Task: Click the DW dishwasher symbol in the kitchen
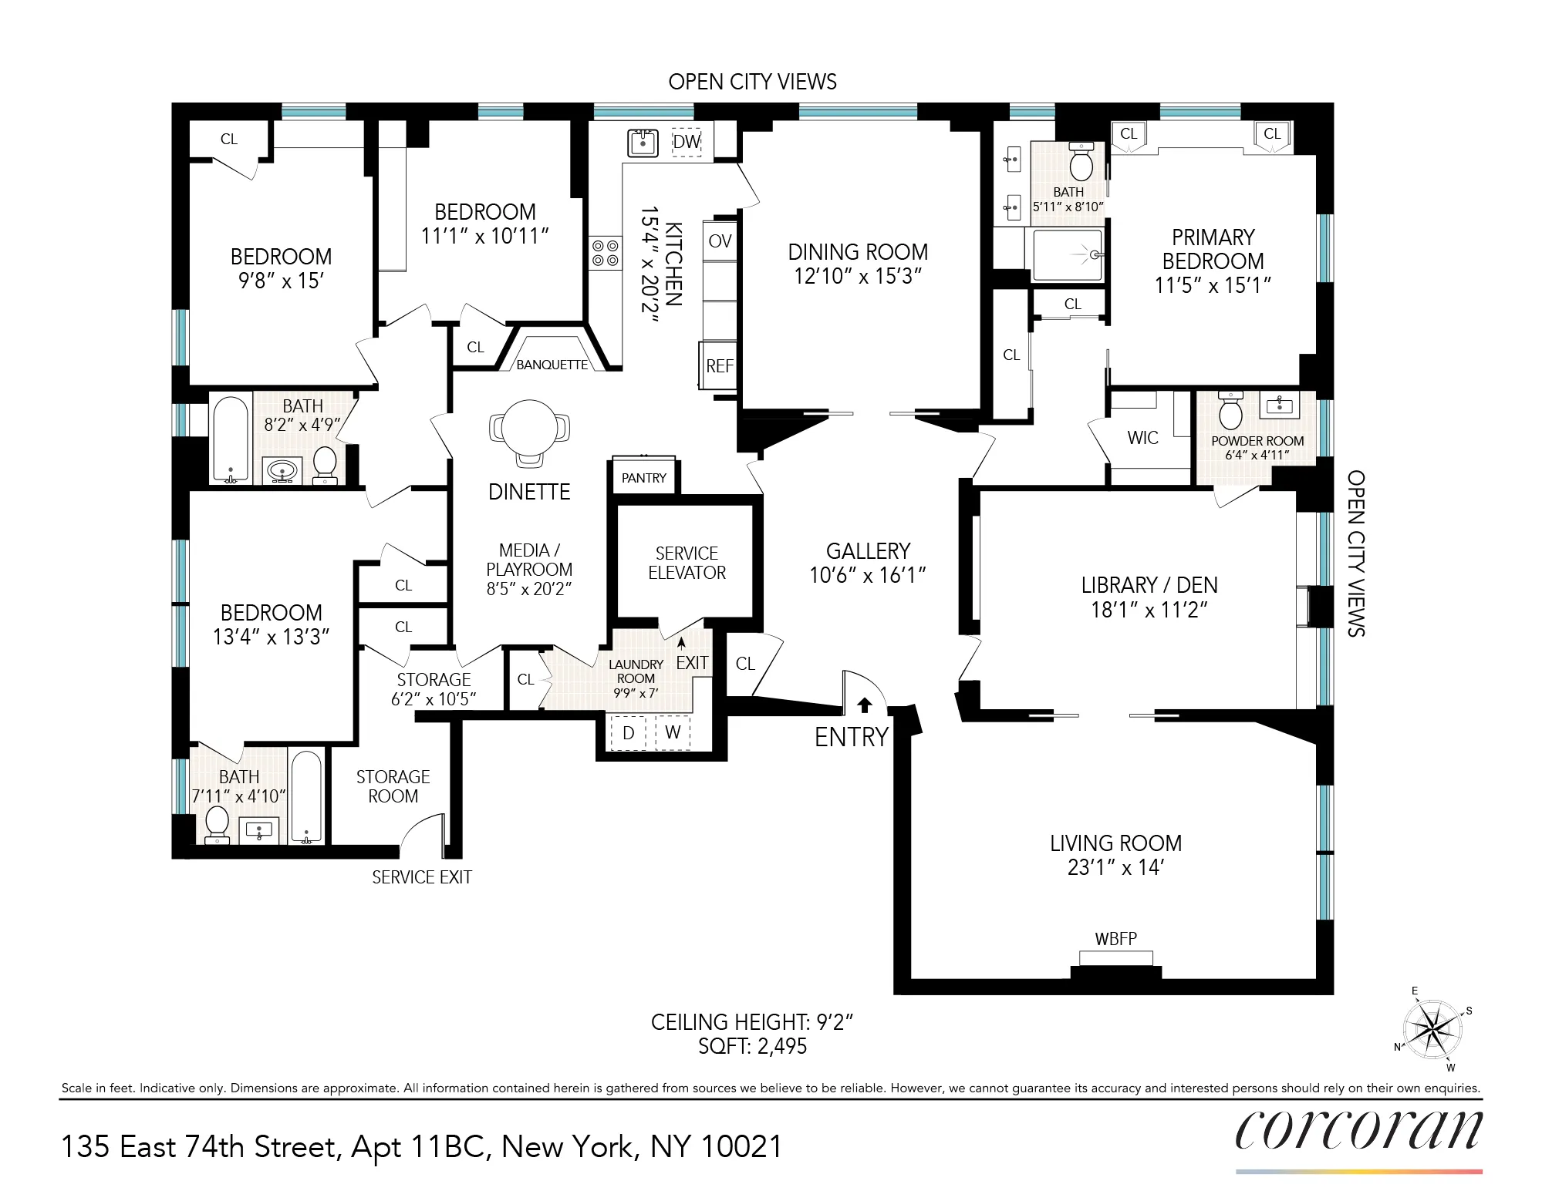pos(686,142)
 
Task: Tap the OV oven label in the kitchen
pos(719,241)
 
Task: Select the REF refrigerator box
pos(719,366)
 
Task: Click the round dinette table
pos(529,429)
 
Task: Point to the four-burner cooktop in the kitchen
pos(605,253)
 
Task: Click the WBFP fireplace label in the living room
pos(1115,939)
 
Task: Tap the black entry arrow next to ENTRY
pos(864,705)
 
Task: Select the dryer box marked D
pos(628,733)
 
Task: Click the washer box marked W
pos(673,732)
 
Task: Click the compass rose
pos(1432,1029)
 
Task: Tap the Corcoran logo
pos(1358,1131)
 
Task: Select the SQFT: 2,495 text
pos(752,1046)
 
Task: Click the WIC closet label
pos(1142,438)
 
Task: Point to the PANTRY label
pos(643,478)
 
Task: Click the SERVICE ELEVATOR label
pos(687,563)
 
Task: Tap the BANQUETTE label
pos(552,365)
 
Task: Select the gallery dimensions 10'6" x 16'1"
pos(867,575)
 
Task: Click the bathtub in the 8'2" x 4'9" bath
pos(230,438)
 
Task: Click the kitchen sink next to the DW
pos(643,143)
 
